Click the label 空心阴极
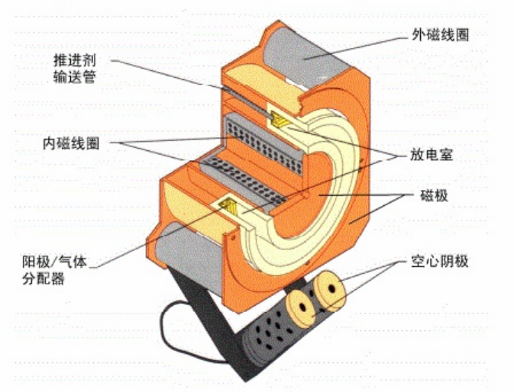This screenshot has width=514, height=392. click(437, 262)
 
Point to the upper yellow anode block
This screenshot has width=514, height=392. click(280, 119)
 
